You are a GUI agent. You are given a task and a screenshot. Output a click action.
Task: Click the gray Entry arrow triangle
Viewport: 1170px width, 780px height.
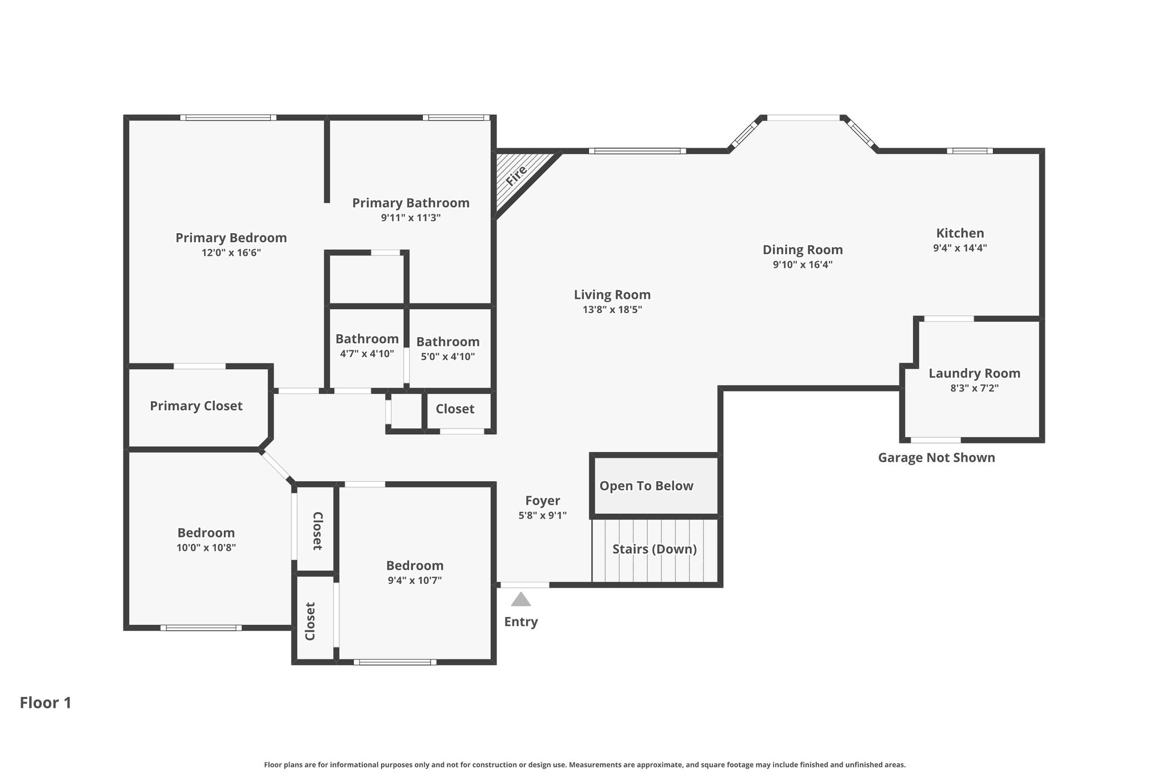[520, 599]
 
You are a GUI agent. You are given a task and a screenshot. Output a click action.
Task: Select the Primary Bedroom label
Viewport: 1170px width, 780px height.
[231, 238]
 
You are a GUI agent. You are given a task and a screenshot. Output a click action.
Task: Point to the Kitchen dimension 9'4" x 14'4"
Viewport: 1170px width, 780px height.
[960, 248]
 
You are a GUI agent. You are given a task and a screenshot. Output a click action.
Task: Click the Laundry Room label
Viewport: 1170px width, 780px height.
[974, 373]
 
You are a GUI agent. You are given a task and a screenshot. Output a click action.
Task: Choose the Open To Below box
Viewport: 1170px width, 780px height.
[655, 485]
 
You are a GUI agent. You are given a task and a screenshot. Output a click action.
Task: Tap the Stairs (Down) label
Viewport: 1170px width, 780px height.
[655, 549]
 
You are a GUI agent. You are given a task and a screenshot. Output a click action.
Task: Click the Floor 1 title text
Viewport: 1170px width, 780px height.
[46, 702]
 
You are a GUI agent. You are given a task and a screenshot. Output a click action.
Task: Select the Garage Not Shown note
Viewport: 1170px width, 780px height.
[936, 457]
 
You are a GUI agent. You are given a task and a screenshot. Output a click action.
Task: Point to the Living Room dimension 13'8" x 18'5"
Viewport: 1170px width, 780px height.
[612, 310]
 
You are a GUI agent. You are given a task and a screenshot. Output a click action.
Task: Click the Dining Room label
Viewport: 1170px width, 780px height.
[803, 250]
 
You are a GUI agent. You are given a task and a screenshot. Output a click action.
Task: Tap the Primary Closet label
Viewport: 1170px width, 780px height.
[196, 406]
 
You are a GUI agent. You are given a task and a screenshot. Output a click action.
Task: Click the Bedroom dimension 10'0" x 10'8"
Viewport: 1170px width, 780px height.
[206, 547]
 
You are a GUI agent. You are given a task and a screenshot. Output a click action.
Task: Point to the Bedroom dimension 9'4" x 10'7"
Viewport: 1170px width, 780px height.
[415, 580]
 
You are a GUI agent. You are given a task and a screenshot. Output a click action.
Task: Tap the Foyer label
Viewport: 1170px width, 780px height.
[543, 501]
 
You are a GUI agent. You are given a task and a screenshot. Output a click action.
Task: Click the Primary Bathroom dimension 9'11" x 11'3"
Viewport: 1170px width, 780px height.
[411, 218]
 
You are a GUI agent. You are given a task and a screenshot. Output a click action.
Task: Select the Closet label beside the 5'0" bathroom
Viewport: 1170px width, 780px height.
[455, 409]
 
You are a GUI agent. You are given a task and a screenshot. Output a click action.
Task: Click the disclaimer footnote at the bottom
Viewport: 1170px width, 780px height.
[584, 765]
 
